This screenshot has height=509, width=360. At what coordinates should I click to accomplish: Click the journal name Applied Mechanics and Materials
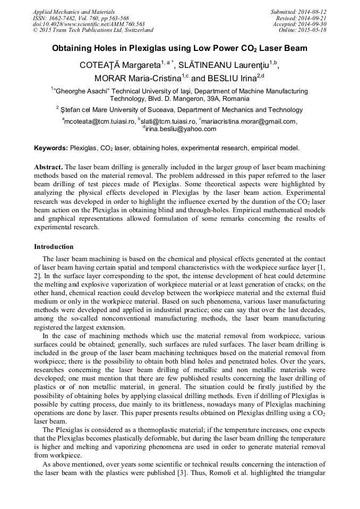tap(74, 12)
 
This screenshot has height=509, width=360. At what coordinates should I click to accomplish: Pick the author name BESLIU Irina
tap(232, 79)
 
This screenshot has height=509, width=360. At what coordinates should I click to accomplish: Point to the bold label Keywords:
tap(51, 148)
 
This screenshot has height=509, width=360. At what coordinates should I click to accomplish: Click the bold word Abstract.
tap(49, 167)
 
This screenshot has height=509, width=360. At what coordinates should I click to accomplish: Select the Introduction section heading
tap(54, 247)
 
